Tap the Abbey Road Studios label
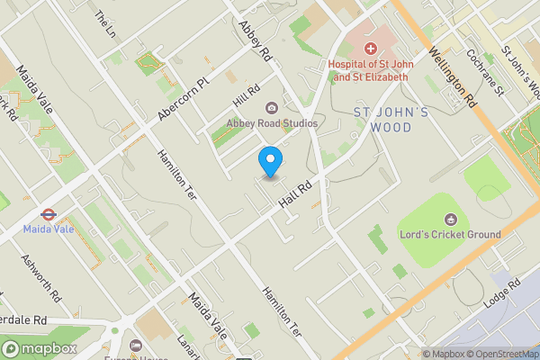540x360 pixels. [272, 123]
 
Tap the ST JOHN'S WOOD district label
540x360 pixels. [395, 121]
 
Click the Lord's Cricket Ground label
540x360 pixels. [450, 235]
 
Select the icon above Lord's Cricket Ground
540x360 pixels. [450, 220]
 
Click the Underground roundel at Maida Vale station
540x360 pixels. [44, 214]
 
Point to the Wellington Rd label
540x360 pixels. [454, 76]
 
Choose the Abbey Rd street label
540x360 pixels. [255, 40]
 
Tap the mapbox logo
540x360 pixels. [39, 348]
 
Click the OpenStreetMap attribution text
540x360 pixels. [498, 354]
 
